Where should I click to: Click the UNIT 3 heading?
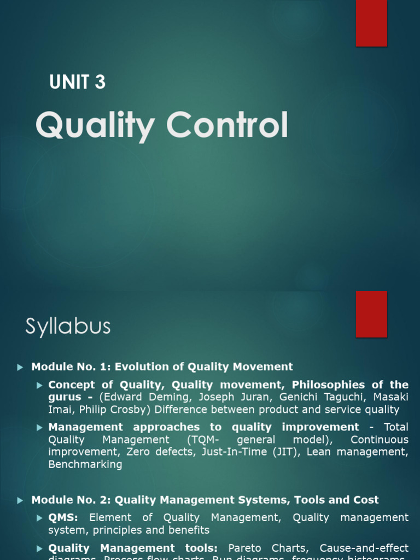(77, 82)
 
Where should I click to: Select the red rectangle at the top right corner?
(371, 23)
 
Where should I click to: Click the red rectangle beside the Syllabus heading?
(371, 314)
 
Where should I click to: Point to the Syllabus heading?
(68, 327)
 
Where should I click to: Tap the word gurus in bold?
(65, 397)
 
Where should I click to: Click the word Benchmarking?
(85, 464)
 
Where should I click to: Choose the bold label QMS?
(63, 517)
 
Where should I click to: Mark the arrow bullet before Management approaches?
(39, 427)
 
